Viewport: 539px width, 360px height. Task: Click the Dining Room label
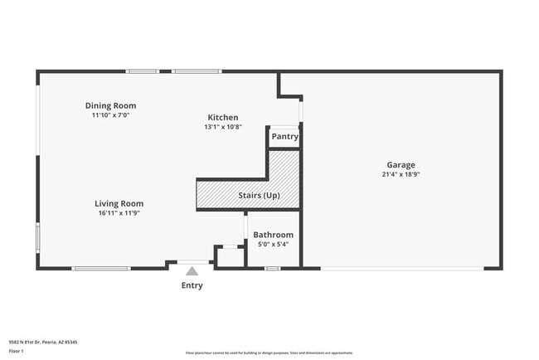(110, 105)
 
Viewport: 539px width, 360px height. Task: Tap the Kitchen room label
(223, 118)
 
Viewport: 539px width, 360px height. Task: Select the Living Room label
(119, 203)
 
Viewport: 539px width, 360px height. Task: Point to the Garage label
(401, 164)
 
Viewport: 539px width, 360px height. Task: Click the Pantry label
(284, 137)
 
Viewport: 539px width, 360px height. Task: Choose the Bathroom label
(273, 235)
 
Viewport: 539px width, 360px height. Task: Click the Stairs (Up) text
(259, 196)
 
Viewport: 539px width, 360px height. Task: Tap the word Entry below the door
(192, 285)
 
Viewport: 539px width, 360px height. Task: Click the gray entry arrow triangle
(192, 271)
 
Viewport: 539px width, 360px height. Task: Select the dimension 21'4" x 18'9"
(401, 174)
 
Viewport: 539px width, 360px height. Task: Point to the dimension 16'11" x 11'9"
(119, 213)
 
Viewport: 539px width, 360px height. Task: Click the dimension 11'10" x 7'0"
(110, 115)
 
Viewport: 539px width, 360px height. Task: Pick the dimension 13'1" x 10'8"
(223, 127)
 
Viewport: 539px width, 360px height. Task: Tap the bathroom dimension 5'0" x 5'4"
(273, 245)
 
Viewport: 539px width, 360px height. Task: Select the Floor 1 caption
(17, 351)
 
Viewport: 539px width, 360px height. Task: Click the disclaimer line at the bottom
(269, 353)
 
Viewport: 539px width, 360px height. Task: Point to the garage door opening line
(402, 268)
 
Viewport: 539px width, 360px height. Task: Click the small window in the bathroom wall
(272, 268)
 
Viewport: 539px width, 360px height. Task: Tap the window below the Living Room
(100, 268)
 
